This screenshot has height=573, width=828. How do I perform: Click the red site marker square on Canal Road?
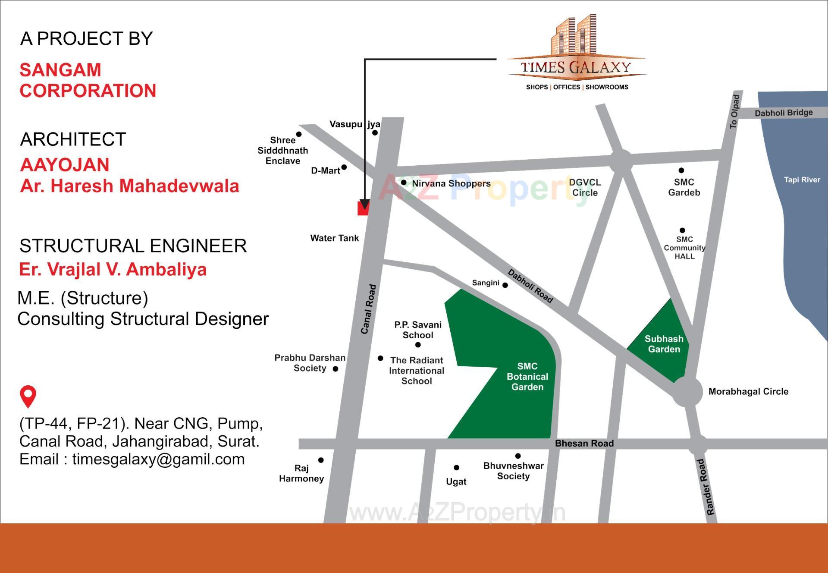363,208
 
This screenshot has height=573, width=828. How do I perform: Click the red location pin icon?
28,396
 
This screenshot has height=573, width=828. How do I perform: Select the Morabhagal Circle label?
748,391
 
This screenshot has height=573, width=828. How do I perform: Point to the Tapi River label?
802,179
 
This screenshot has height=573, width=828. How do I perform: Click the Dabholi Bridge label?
784,113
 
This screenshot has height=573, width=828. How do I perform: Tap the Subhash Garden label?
664,344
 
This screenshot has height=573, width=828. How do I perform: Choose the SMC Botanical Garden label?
527,376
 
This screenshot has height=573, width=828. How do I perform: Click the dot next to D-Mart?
344,167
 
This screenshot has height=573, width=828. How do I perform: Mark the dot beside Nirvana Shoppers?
404,183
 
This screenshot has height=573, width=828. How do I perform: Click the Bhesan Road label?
584,443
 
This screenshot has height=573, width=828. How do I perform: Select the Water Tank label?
334,238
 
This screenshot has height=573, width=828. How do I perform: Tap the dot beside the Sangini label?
505,285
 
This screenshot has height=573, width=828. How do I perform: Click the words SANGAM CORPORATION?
88,80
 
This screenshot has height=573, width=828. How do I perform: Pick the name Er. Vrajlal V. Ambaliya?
113,269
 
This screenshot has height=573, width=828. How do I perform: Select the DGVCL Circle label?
585,187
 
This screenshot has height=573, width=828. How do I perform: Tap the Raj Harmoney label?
301,473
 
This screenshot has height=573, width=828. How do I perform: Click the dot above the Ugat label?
456,468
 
